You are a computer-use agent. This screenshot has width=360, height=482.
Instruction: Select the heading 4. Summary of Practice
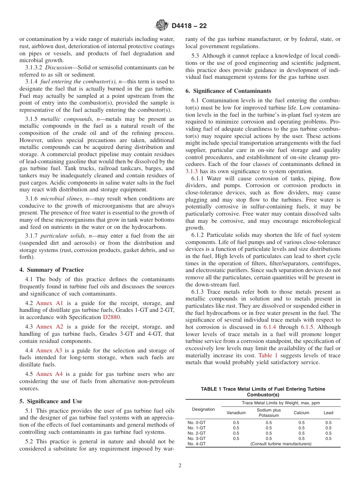[52, 270]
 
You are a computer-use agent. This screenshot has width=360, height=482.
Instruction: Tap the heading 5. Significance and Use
[51, 401]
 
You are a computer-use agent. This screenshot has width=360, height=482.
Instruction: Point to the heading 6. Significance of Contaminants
[228, 91]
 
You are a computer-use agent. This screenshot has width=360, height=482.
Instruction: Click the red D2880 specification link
[111, 317]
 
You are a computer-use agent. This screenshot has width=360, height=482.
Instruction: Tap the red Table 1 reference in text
[268, 355]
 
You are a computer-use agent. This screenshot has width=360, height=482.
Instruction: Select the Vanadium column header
[236, 413]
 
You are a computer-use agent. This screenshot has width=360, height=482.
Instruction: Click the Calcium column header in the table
[301, 413]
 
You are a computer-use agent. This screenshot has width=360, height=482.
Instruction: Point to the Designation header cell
[203, 409]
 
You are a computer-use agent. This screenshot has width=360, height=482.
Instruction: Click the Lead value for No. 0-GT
[328, 423]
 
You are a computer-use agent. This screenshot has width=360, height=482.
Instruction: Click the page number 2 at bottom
[180, 466]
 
